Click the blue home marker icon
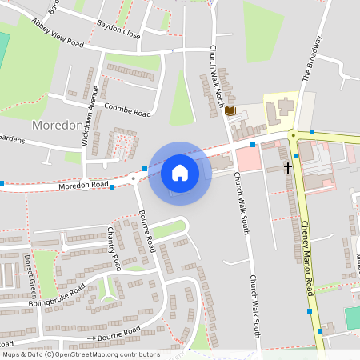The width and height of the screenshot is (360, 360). [x=180, y=173]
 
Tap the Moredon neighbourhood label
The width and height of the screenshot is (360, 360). [x=58, y=126]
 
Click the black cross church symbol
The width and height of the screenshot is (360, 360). [x=288, y=168]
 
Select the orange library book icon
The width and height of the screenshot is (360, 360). [x=231, y=110]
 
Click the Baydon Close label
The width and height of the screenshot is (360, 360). [x=118, y=30]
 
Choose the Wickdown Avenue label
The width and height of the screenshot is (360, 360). [x=90, y=115]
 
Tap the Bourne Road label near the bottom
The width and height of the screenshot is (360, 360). [x=118, y=330]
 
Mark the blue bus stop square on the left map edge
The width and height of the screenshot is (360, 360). [x=2, y=183]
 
